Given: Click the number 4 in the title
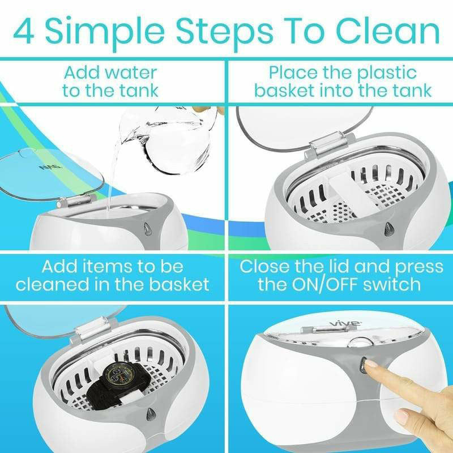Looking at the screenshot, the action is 24,31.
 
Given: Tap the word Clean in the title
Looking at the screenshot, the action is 388,31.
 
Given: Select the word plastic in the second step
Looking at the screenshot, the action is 387,74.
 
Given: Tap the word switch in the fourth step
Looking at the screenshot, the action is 392,284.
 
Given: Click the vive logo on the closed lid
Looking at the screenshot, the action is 345,323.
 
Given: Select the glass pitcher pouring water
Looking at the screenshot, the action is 169,139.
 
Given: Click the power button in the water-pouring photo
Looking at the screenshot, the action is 148,229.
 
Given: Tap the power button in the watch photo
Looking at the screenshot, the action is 150,414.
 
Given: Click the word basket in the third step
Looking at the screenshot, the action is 179,284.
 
